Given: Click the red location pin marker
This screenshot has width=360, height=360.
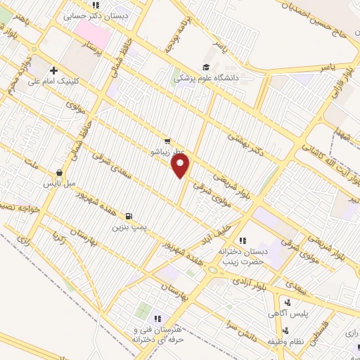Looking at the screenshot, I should pyautogui.click(x=181, y=165).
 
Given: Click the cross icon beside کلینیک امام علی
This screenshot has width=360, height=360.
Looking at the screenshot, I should pyautogui.click(x=54, y=70).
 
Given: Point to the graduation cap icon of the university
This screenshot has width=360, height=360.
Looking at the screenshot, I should pyautogui.click(x=206, y=67).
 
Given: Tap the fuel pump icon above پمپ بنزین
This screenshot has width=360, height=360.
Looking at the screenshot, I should pyautogui.click(x=128, y=217).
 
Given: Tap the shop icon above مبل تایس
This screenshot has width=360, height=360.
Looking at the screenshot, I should pyautogui.click(x=59, y=172).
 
